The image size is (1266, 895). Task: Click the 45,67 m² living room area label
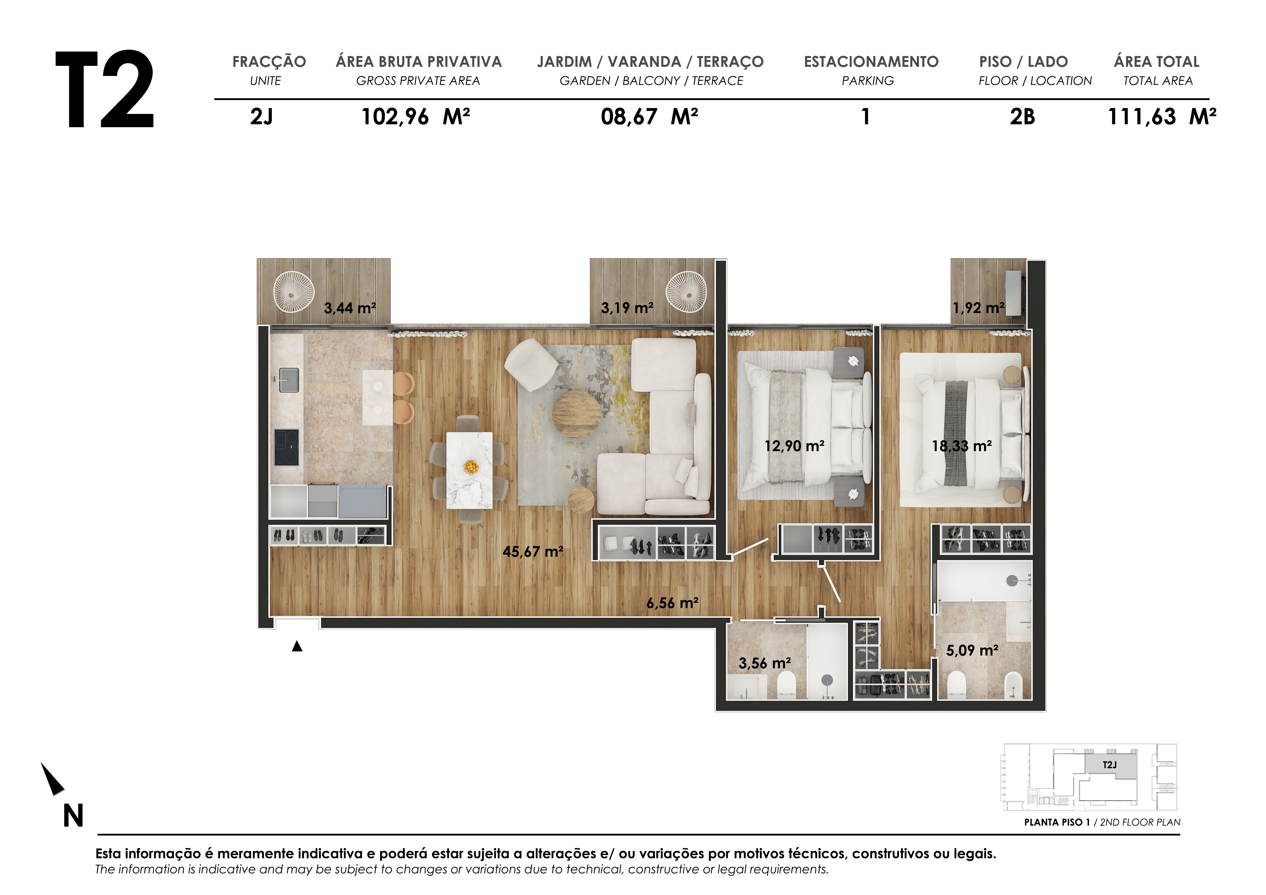533,551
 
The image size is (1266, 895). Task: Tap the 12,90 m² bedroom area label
794,446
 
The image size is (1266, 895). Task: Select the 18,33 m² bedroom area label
962,446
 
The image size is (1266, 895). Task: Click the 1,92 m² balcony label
979,308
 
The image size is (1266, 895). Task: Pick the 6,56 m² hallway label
672,603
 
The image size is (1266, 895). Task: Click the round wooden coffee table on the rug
576,414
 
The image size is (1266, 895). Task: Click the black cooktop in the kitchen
287,447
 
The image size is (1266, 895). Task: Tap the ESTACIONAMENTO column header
871,62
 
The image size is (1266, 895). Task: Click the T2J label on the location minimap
1109,765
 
